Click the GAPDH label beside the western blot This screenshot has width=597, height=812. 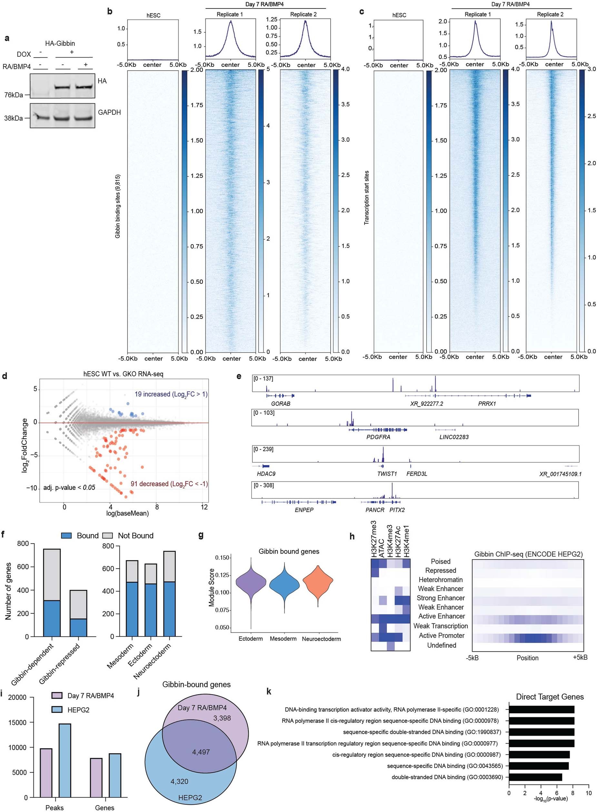(x=109, y=113)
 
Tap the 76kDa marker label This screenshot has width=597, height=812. (x=14, y=95)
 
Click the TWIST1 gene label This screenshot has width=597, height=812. (x=387, y=474)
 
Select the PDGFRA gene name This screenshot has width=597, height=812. (x=378, y=437)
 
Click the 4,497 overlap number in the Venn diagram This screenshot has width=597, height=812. (x=201, y=752)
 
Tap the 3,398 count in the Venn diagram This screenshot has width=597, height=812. (x=222, y=718)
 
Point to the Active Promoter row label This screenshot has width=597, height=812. (x=442, y=636)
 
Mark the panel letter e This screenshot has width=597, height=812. (x=239, y=377)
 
